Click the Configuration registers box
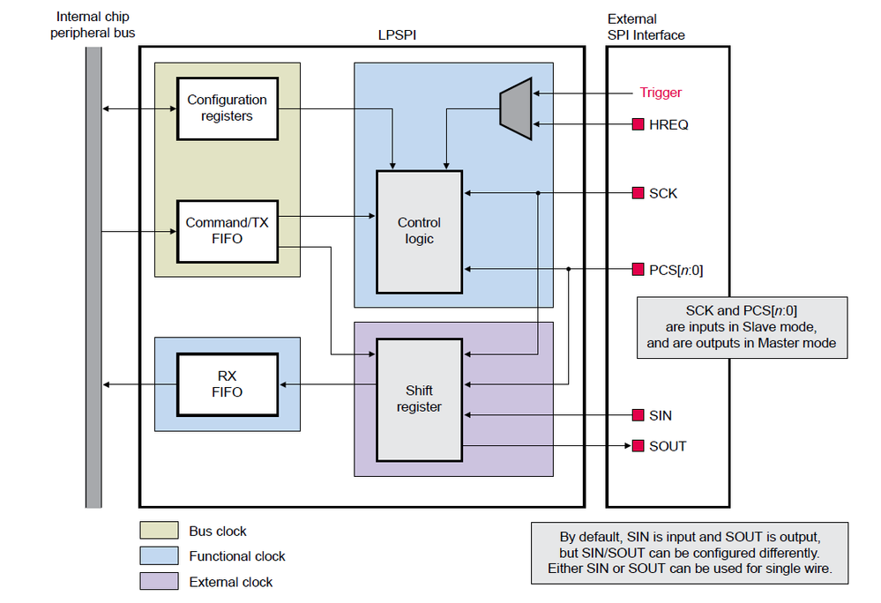point(227,108)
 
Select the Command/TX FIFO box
point(227,231)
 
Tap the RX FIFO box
point(227,383)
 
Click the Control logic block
point(419,231)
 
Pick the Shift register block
point(419,398)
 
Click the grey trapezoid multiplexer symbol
point(516,108)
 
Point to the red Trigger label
point(661,93)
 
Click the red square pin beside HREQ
point(638,125)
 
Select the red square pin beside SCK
point(638,193)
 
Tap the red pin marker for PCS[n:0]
point(638,269)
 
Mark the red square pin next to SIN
point(638,415)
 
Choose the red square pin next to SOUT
point(638,446)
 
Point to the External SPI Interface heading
point(646,26)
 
